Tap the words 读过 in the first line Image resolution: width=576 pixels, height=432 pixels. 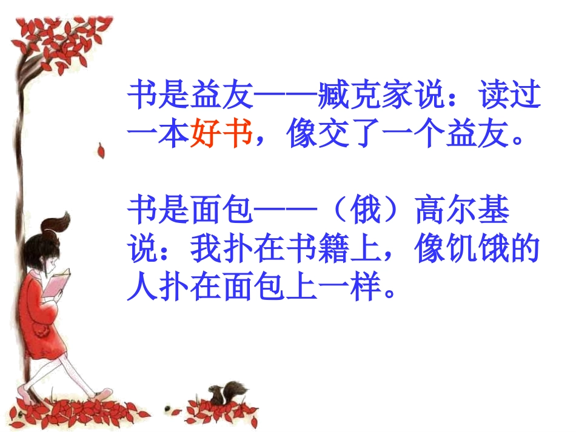coord(510,95)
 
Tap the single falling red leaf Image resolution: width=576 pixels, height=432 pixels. coord(101,150)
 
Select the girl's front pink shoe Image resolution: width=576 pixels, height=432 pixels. coord(103,394)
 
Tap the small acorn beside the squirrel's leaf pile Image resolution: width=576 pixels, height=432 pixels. coord(168,408)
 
